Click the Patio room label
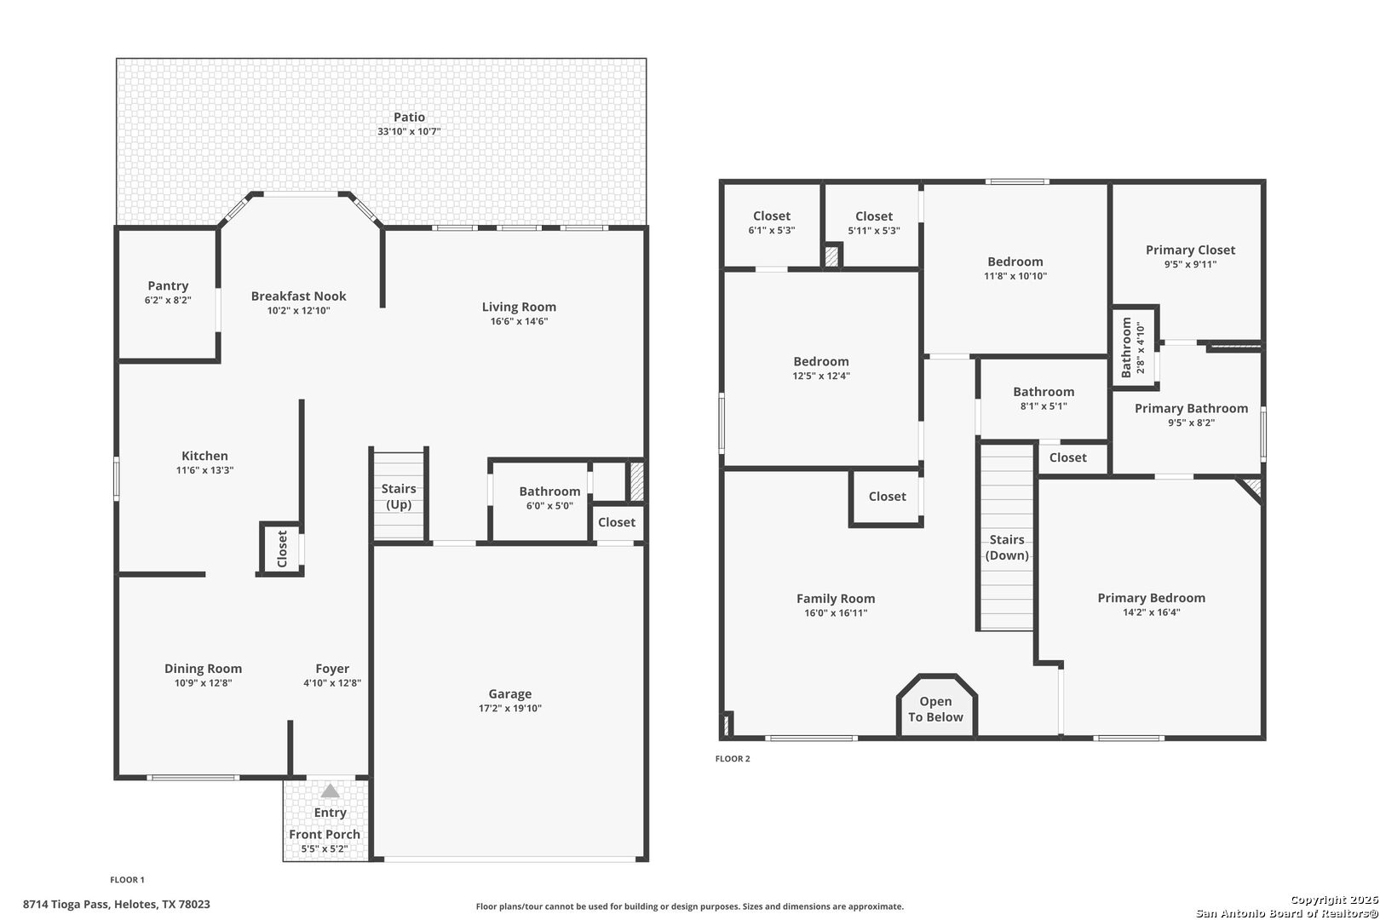[x=409, y=117]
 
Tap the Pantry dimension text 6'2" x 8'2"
[x=168, y=300]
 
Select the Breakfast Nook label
[x=299, y=296]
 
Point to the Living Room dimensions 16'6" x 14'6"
[x=519, y=321]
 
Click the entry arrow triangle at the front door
[x=331, y=791]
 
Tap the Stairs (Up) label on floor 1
[x=399, y=497]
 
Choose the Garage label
[x=510, y=694]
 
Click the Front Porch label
[x=325, y=834]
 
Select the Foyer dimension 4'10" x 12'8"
[x=332, y=683]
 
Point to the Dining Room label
[x=204, y=669]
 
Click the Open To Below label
[x=936, y=710]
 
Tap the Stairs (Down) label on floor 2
[x=1007, y=547]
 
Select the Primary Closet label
[x=1190, y=250]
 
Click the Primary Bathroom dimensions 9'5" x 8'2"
[x=1192, y=423]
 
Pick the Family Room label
[x=836, y=598]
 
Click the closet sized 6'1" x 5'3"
[x=772, y=222]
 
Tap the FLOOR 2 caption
[x=733, y=758]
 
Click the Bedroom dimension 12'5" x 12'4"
[x=821, y=376]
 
